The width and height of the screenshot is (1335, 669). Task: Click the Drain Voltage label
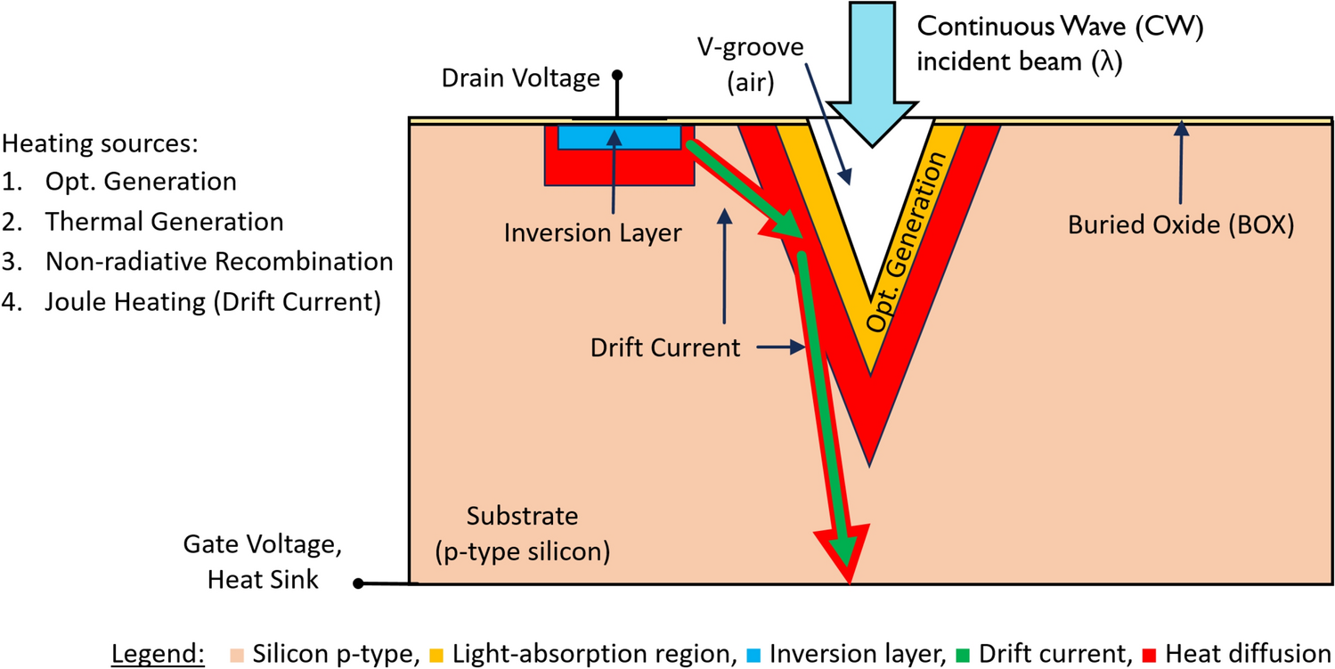520,78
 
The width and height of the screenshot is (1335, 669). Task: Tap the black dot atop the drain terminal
615,75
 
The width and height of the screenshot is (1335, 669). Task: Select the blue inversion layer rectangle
620,137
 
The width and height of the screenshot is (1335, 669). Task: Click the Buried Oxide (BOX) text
1180,224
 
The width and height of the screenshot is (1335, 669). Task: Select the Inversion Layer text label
592,233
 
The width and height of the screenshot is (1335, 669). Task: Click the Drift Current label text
665,347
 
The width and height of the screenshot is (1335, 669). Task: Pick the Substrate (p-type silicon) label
523,533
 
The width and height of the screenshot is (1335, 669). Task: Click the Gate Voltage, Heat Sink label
251,561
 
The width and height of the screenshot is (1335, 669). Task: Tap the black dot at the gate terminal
358,584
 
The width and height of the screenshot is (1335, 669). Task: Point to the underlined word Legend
159,654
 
